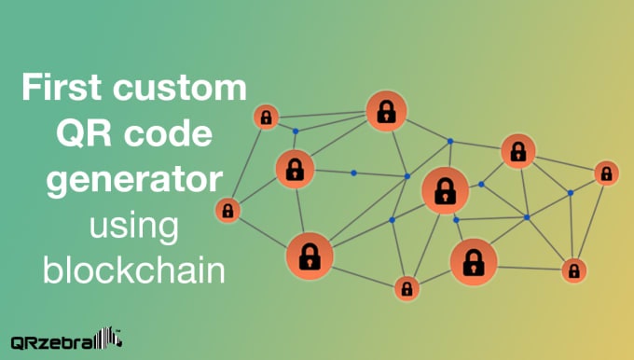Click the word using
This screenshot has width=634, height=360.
[x=136, y=226]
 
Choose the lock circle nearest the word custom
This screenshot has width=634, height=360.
[x=267, y=117]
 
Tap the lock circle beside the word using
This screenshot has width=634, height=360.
[x=227, y=210]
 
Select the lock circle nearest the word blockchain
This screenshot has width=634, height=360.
[x=309, y=255]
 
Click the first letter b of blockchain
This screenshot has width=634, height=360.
[x=54, y=270]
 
